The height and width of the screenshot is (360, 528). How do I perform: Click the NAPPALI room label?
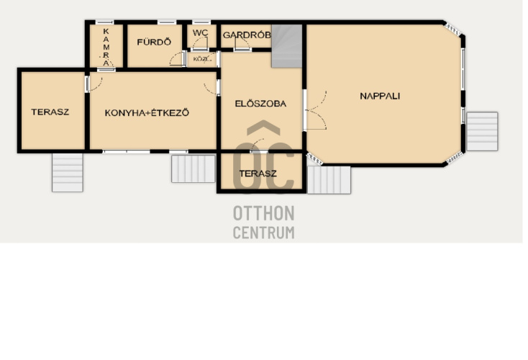point(380,96)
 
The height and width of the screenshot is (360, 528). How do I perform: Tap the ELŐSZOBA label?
point(260,103)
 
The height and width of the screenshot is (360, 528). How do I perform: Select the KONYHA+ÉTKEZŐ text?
point(147,112)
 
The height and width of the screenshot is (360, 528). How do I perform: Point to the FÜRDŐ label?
point(154,42)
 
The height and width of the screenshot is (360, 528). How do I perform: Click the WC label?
point(201,33)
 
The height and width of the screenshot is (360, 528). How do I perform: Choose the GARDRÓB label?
point(247,35)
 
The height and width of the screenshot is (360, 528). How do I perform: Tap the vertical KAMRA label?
point(106,48)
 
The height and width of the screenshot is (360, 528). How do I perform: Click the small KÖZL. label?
point(201,59)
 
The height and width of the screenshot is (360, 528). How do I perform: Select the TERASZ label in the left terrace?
point(50,112)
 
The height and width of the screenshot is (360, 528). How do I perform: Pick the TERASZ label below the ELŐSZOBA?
point(258,174)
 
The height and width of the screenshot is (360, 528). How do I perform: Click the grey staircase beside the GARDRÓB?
point(287,46)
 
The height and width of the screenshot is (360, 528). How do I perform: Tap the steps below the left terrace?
point(68,173)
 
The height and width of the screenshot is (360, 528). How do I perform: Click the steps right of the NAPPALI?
point(482,132)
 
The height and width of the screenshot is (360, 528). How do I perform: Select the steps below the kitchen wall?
point(194,168)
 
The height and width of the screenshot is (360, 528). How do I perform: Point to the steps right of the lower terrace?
point(329,180)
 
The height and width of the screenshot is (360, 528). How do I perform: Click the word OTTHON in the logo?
point(264,213)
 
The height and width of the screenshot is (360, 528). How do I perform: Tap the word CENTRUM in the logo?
point(264,233)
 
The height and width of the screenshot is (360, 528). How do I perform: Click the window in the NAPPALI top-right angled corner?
point(452,29)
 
